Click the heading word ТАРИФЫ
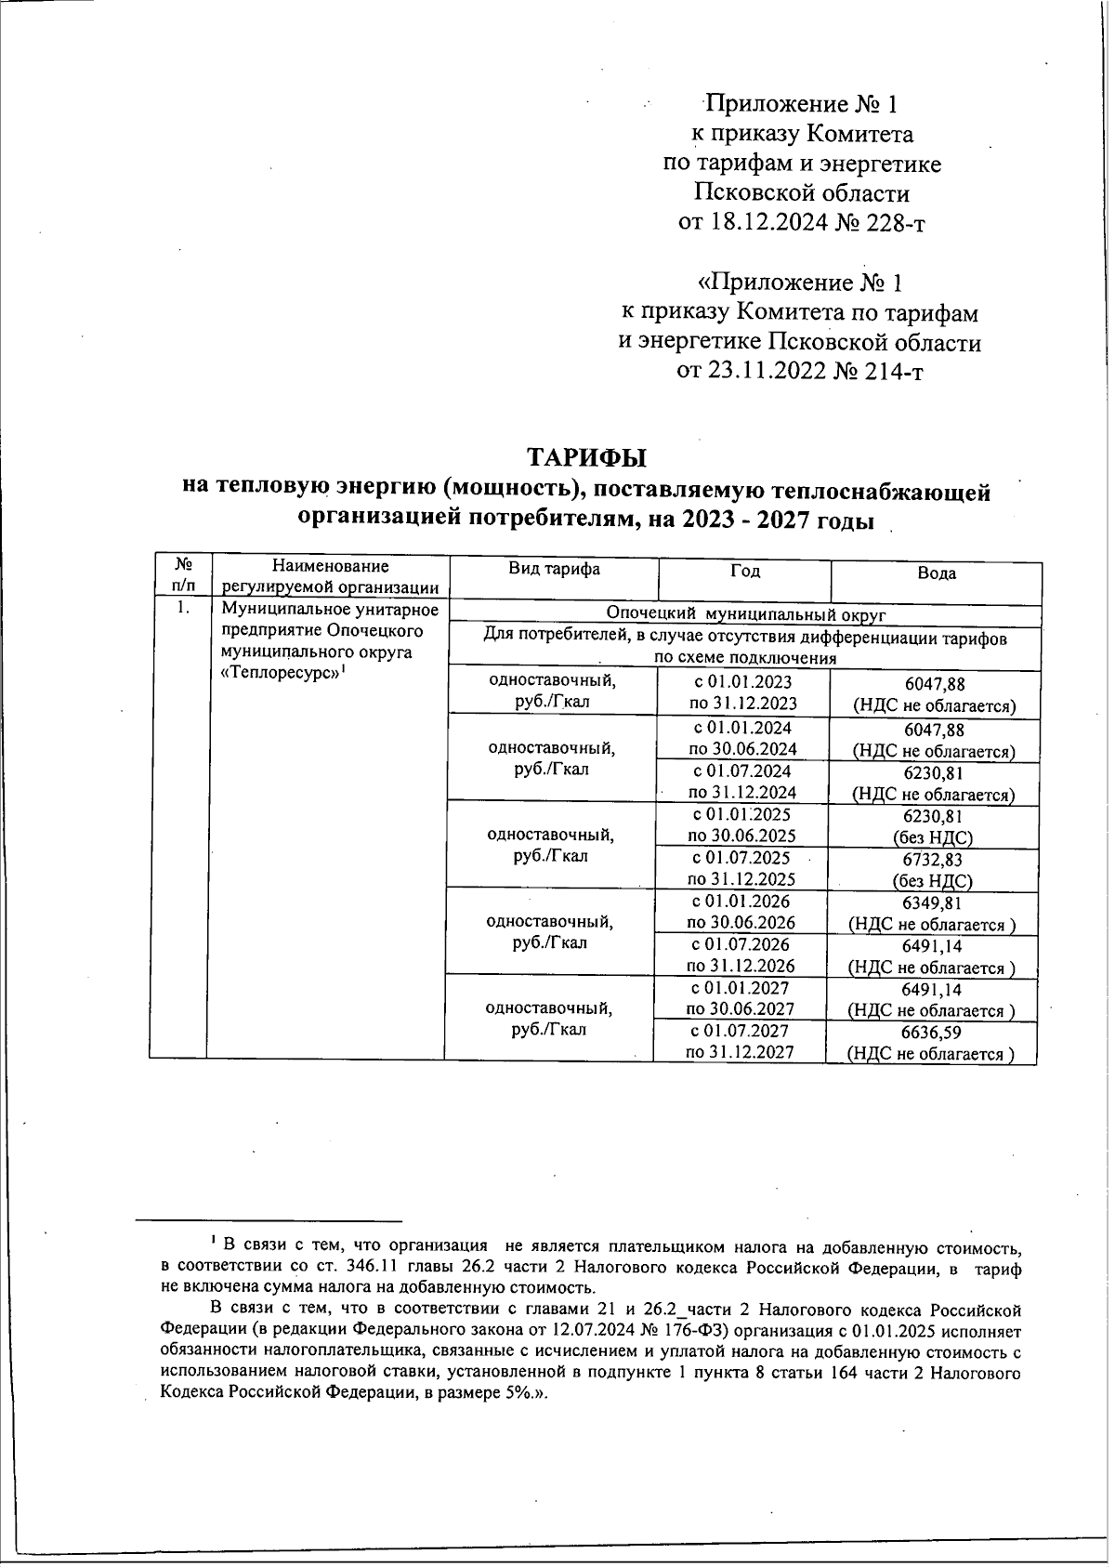pyautogui.click(x=586, y=458)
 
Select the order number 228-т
pyautogui.click(x=893, y=224)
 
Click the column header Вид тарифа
pyautogui.click(x=554, y=570)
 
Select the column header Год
pyautogui.click(x=745, y=571)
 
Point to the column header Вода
pyautogui.click(x=936, y=573)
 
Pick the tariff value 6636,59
pyautogui.click(x=932, y=1033)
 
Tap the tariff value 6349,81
pyautogui.click(x=932, y=903)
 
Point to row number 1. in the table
pyautogui.click(x=183, y=609)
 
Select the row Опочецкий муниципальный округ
pyautogui.click(x=745, y=614)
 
